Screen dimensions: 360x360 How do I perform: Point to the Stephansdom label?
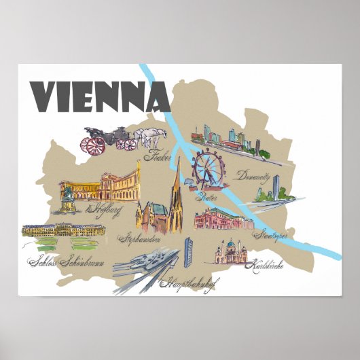click(140, 238)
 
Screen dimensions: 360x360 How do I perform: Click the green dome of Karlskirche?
click(232, 244)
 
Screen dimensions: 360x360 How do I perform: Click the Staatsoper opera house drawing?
click(218, 219)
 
